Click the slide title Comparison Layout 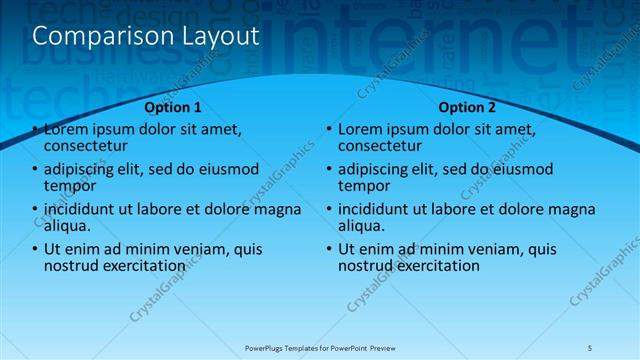click(146, 36)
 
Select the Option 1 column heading click(173, 107)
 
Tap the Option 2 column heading click(467, 107)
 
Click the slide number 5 click(590, 347)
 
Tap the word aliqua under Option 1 click(68, 226)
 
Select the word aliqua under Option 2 click(362, 226)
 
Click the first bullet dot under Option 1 click(36, 130)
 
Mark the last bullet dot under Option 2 click(330, 249)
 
